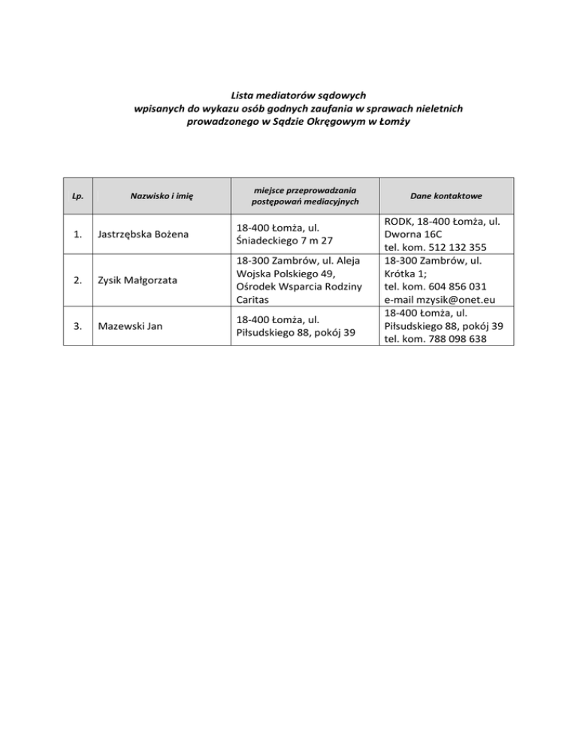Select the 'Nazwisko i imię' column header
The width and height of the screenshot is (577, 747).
[x=162, y=196]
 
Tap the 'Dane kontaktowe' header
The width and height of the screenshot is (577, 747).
[x=446, y=195]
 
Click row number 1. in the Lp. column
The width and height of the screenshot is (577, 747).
[x=78, y=234]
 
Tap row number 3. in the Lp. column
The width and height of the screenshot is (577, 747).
[x=78, y=326]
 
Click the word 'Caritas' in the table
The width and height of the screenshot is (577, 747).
[x=253, y=299]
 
